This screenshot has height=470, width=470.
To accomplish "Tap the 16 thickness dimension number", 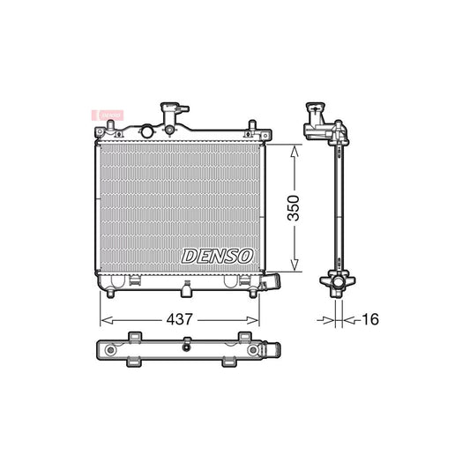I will (369, 319).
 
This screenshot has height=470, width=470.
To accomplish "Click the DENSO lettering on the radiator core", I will (217, 256).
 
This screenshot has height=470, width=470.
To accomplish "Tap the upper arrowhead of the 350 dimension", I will (295, 149).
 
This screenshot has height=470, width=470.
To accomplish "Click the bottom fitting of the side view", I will (338, 284).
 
